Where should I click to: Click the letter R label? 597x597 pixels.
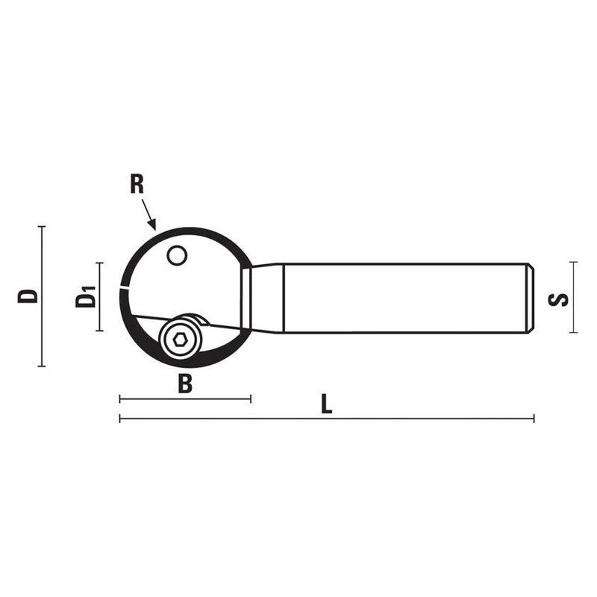[x=137, y=184]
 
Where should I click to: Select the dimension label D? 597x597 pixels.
[x=28, y=296]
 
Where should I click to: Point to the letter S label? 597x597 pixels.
[x=558, y=300]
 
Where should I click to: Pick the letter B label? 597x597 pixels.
[x=185, y=384]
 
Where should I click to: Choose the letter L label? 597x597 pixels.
[x=326, y=404]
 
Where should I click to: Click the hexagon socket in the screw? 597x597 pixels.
[x=180, y=340]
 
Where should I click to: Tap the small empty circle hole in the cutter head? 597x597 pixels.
[x=177, y=255]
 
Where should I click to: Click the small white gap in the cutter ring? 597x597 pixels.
[x=124, y=287]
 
